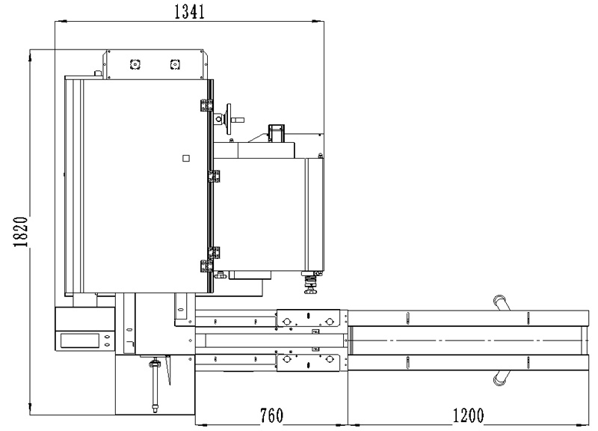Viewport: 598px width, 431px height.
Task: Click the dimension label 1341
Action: click(x=190, y=11)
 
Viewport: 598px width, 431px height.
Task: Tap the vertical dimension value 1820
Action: click(x=21, y=232)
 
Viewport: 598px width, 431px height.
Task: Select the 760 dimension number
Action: click(x=271, y=415)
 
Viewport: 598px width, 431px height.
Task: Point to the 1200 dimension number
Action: click(x=468, y=415)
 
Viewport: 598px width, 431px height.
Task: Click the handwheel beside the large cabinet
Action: click(x=229, y=119)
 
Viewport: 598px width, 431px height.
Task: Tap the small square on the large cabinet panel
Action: click(x=186, y=158)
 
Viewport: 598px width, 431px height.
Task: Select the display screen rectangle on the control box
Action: click(x=80, y=340)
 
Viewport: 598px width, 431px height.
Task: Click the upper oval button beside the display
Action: click(x=107, y=337)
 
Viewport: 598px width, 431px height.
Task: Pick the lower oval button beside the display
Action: click(x=107, y=345)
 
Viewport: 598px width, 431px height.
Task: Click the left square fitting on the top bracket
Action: click(x=135, y=64)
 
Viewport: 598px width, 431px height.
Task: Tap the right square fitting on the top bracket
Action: click(x=175, y=64)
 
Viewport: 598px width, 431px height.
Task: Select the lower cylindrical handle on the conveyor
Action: click(x=502, y=378)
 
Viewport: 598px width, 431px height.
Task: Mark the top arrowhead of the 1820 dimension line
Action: click(x=30, y=55)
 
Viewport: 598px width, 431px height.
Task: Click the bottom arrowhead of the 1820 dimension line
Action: click(x=30, y=409)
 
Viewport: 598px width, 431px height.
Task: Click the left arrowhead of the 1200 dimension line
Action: click(x=354, y=424)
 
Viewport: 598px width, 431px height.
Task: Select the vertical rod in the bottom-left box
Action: click(x=155, y=385)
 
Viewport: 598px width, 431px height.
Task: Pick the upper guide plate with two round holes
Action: click(x=308, y=318)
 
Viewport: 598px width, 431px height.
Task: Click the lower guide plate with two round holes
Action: click(x=308, y=363)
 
